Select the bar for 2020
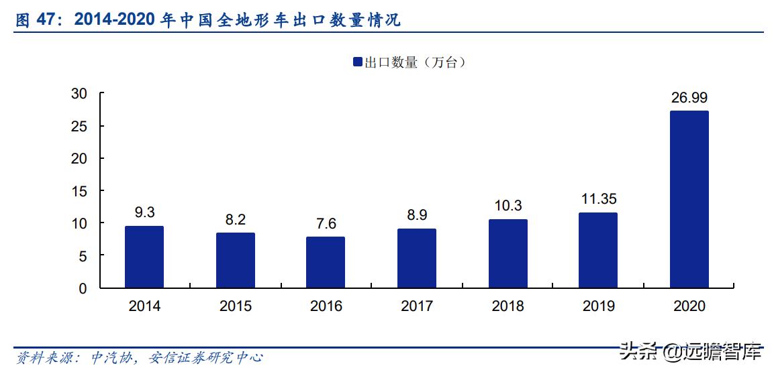pos(689,199)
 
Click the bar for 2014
pos(144,257)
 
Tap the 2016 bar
pos(326,262)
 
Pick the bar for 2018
pos(508,253)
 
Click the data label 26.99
pos(689,98)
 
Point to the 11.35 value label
pos(598,199)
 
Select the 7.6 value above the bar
pos(326,223)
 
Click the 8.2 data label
pos(235,219)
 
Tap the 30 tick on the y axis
pos(79,94)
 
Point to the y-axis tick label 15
pos(79,191)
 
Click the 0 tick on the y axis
pos(83,288)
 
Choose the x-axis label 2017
pos(417,306)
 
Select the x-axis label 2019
pos(598,306)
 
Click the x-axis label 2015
pos(235,306)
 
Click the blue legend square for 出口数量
pos(357,62)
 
